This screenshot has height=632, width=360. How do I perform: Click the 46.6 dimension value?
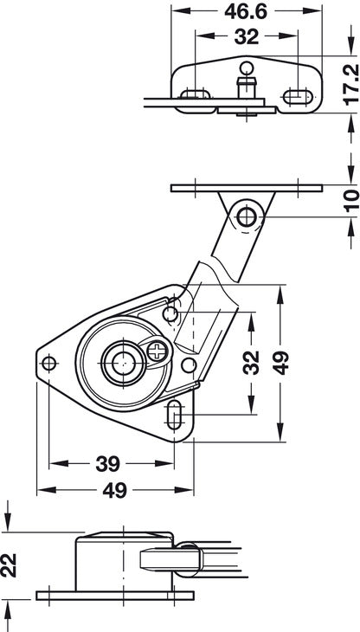pos(245,11)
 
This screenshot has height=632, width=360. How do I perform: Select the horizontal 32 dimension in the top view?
pos(245,37)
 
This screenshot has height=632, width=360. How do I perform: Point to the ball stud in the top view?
pos(245,69)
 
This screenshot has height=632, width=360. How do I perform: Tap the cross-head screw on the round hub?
pos(157,351)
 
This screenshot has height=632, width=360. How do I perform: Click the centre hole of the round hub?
pos(117,360)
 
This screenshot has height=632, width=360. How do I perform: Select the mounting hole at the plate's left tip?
pos(50,363)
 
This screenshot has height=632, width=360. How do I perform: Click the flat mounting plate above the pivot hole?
pos(245,187)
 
